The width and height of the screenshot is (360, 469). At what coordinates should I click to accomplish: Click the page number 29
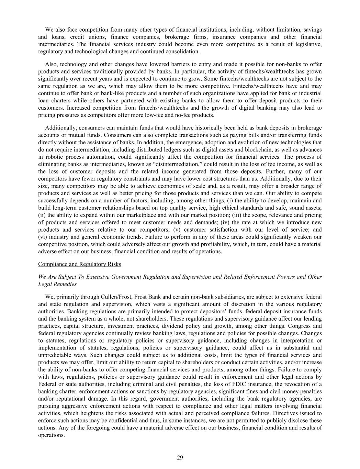tap(180, 457)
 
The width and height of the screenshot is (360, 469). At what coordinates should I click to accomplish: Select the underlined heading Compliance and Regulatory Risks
tap(79, 264)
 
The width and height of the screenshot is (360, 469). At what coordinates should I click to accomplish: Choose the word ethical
tap(238, 208)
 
